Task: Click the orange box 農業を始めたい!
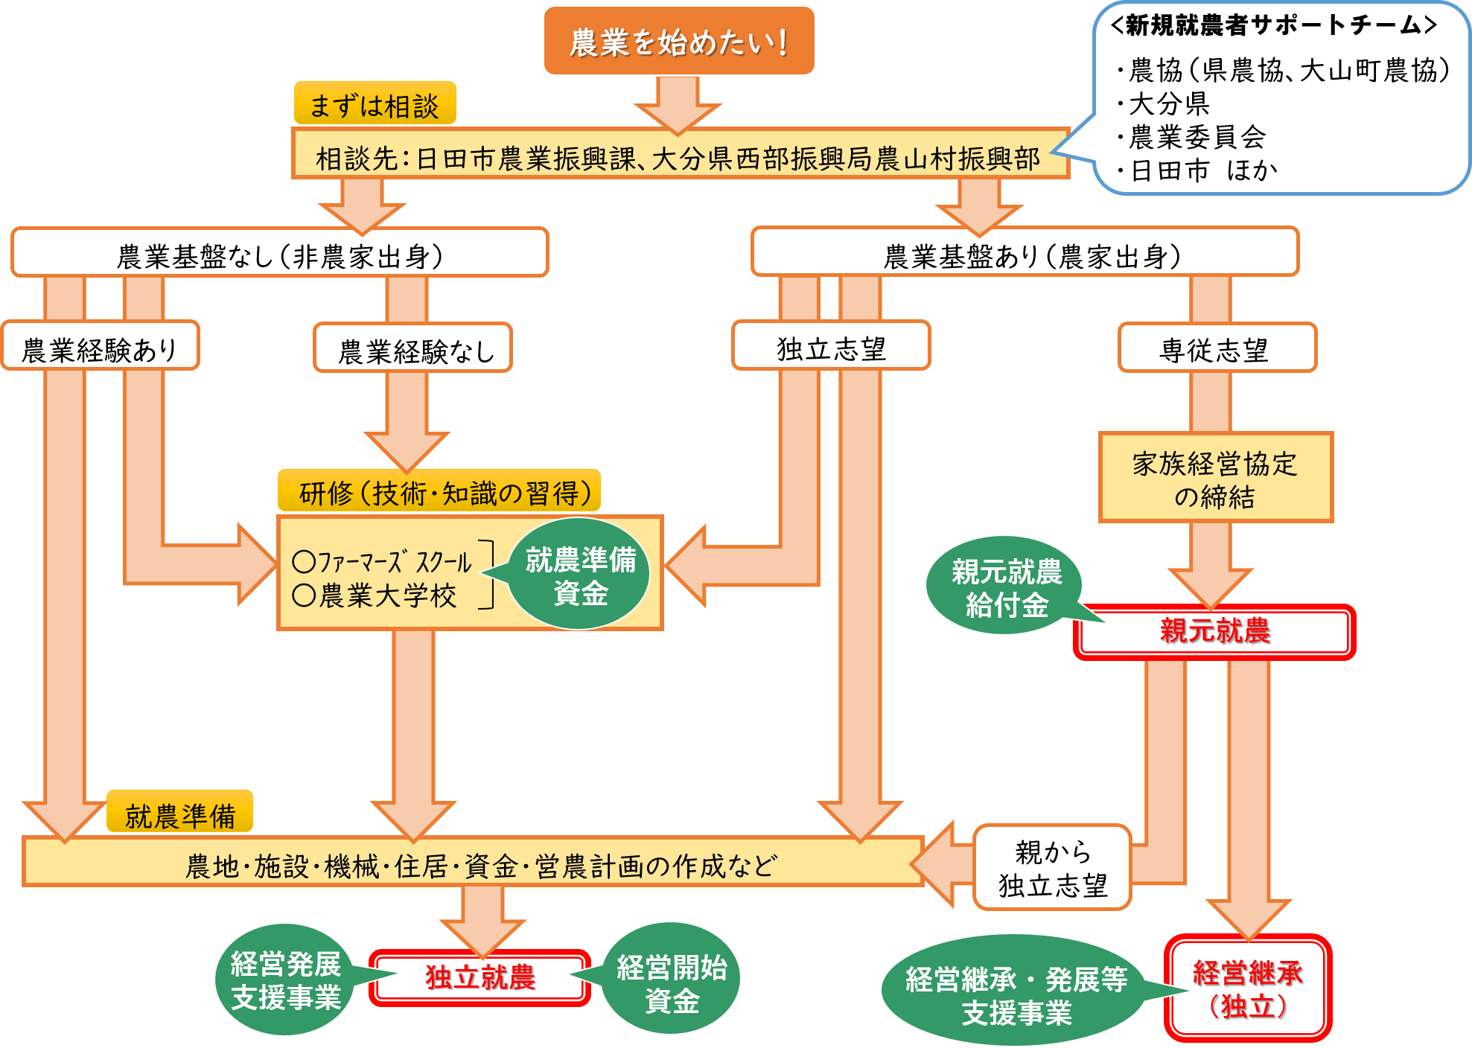pos(678,42)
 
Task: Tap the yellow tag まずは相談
pos(375,104)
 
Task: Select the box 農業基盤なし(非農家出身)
pos(280,254)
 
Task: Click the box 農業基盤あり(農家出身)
pos(1025,254)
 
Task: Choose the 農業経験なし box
pos(414,349)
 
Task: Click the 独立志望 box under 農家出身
pos(831,347)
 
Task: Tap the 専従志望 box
pos(1217,348)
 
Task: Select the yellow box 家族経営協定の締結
pos(1215,479)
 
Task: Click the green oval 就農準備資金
pos(580,575)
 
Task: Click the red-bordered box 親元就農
pos(1214,632)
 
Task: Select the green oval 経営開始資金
pos(671,982)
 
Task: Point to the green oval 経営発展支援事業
pos(286,981)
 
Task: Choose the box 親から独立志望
pos(1052,868)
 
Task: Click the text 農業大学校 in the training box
pos(387,595)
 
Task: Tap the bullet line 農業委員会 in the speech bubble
pos(1197,137)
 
